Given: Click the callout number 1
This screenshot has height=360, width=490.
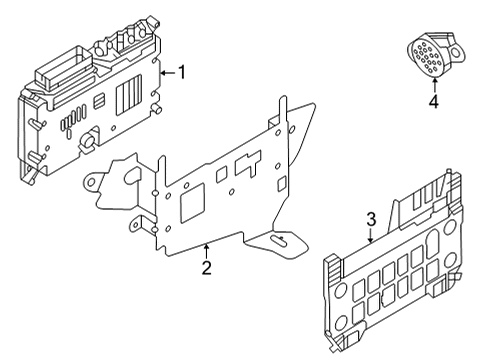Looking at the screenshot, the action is (x=182, y=72).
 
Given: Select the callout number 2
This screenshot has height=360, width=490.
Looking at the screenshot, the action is (x=207, y=268).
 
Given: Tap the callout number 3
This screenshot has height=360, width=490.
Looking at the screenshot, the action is (x=371, y=220).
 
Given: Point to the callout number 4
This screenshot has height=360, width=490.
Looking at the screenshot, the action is (x=434, y=101).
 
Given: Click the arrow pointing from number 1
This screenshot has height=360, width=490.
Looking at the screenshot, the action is (x=168, y=72).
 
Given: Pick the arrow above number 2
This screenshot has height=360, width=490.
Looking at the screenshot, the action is (x=207, y=251).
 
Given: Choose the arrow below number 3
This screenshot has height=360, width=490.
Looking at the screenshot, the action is (x=371, y=235).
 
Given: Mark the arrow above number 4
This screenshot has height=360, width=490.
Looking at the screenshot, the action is (x=435, y=85).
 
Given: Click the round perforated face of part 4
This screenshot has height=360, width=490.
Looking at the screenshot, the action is (x=425, y=58).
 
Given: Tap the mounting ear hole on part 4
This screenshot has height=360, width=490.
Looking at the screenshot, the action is (x=454, y=52).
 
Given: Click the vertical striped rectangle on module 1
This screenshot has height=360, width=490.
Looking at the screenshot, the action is (x=129, y=95).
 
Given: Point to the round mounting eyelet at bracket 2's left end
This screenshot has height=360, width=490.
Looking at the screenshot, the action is (x=91, y=181).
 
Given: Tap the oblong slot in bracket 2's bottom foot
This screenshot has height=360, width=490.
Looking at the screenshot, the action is (x=280, y=241).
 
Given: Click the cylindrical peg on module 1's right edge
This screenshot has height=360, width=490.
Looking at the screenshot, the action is (x=156, y=109).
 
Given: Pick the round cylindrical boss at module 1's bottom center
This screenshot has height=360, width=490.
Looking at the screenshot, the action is (x=88, y=140).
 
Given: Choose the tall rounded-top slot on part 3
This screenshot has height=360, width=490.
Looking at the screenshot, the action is (x=433, y=239).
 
